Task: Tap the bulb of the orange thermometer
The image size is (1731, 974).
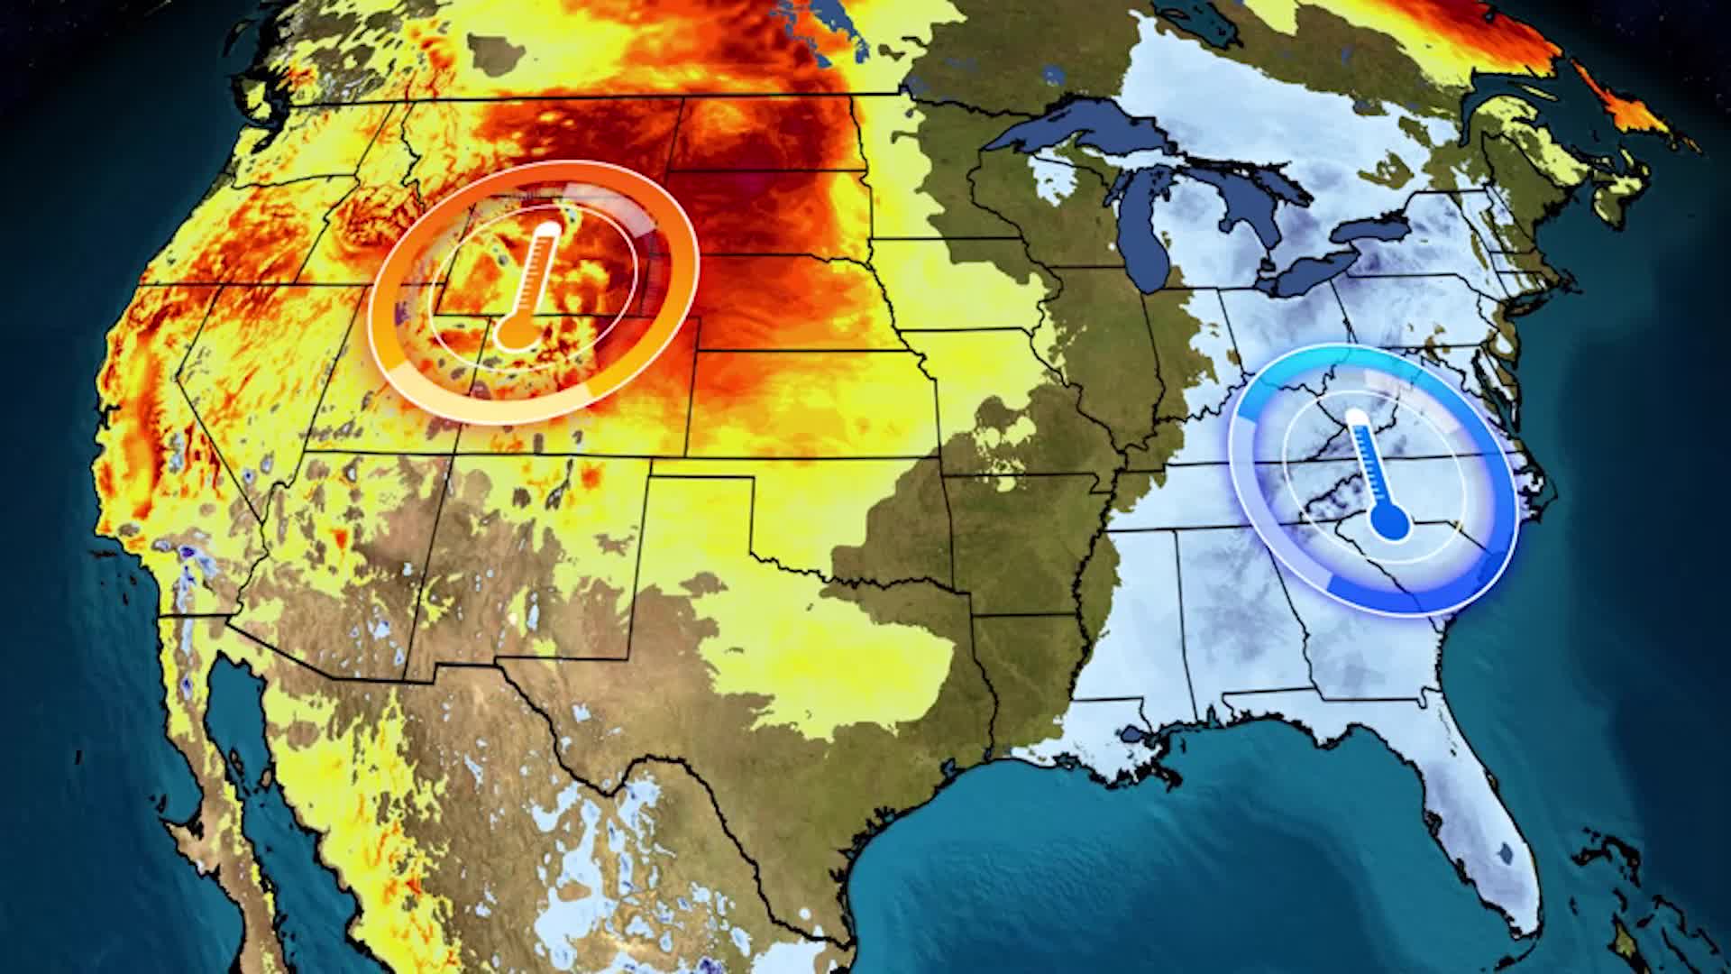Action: point(515,333)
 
